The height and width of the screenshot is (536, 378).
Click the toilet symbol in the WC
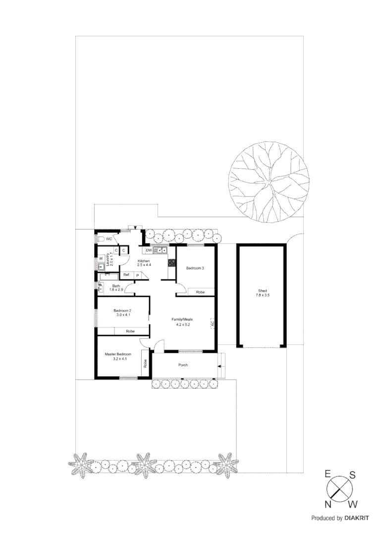(x=101, y=239)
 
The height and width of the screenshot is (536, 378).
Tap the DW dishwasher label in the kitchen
(x=148, y=250)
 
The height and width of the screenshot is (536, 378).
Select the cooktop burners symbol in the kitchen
(x=172, y=263)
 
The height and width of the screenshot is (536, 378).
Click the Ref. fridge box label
(x=126, y=275)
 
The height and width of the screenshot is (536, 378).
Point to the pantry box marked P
(x=137, y=275)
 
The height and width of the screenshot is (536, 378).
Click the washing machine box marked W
(x=101, y=258)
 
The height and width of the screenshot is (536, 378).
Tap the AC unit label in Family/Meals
(x=213, y=323)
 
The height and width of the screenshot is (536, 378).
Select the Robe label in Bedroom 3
(x=200, y=292)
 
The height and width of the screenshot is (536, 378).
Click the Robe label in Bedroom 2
(x=130, y=331)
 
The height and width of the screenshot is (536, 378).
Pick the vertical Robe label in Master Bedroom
(x=145, y=363)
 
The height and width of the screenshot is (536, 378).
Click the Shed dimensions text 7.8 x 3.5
(x=263, y=296)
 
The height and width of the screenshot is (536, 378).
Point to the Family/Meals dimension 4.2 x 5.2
(x=181, y=324)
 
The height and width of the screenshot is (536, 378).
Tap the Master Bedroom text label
(x=118, y=354)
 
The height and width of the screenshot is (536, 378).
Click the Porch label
(x=183, y=365)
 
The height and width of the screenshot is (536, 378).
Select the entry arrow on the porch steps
(x=219, y=366)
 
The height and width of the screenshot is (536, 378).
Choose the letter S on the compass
(x=352, y=475)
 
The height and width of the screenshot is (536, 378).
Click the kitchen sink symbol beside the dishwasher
(x=161, y=250)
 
